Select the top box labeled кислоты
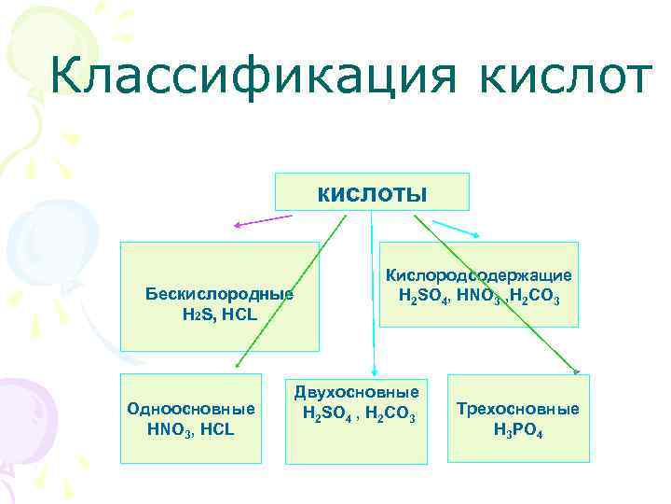point(372,192)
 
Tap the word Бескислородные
point(219,294)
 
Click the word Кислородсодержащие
point(479,276)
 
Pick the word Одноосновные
point(191,409)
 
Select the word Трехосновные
point(518,409)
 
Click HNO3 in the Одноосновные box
point(169,429)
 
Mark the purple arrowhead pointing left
point(238,225)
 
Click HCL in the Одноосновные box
point(216,429)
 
